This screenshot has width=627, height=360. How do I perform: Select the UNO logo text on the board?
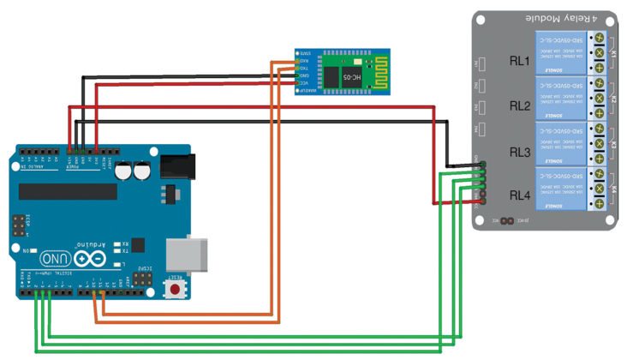(x=56, y=258)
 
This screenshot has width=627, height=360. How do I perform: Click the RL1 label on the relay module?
(x=520, y=62)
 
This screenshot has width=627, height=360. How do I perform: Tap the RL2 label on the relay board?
(x=520, y=107)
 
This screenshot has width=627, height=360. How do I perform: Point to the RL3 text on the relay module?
(x=520, y=153)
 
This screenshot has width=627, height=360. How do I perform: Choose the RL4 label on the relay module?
(x=520, y=196)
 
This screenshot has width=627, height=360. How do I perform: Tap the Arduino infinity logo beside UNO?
(x=92, y=258)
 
